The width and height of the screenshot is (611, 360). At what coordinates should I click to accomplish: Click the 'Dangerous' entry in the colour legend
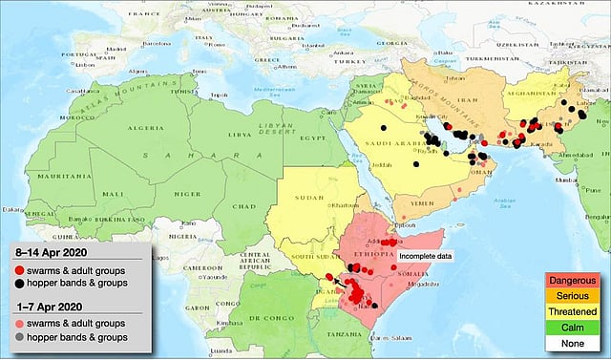coord(570,279)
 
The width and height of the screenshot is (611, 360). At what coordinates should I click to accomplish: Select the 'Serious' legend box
coord(570,295)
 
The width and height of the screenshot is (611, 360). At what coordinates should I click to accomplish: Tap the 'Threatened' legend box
coord(570,310)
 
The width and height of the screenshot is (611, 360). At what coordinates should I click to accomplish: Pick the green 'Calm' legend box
coord(570,327)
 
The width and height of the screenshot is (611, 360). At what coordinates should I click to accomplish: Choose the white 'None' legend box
coord(570,342)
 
